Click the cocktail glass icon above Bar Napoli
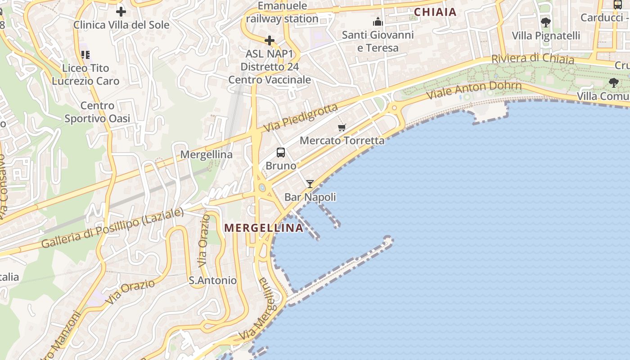(310, 184)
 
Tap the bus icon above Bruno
(281, 153)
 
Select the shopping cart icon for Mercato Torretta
(342, 127)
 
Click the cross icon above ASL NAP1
(270, 41)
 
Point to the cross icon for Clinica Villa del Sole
(121, 12)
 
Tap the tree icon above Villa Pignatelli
(546, 22)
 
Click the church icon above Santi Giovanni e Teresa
(378, 22)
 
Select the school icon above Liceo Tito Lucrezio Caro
(85, 55)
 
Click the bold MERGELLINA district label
(264, 228)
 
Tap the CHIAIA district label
(435, 12)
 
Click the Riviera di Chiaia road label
(533, 58)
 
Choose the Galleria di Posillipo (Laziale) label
(112, 228)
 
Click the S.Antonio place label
(212, 280)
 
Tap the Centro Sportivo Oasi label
(97, 112)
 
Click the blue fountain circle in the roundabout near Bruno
(262, 187)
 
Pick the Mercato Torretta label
(342, 140)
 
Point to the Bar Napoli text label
(310, 197)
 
